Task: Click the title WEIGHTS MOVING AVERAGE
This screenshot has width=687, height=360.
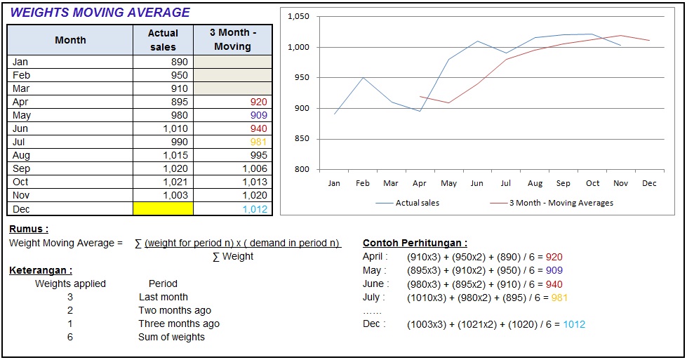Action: pos(100,13)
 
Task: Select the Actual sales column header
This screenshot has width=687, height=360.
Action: pos(163,40)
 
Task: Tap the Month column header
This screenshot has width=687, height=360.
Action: pos(70,40)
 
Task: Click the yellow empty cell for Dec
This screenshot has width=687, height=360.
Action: pos(163,209)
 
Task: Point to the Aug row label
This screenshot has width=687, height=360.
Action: pos(22,156)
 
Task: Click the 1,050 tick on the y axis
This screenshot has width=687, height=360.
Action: pos(299,17)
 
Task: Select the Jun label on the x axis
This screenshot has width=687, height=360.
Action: pos(476,184)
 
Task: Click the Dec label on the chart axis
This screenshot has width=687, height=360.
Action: pos(649,184)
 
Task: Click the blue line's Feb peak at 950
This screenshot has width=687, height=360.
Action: pos(363,78)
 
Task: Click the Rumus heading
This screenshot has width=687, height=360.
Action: pos(29,229)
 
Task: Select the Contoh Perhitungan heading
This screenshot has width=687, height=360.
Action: pos(415,244)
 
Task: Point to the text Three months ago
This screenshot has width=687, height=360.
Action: pos(179,324)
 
